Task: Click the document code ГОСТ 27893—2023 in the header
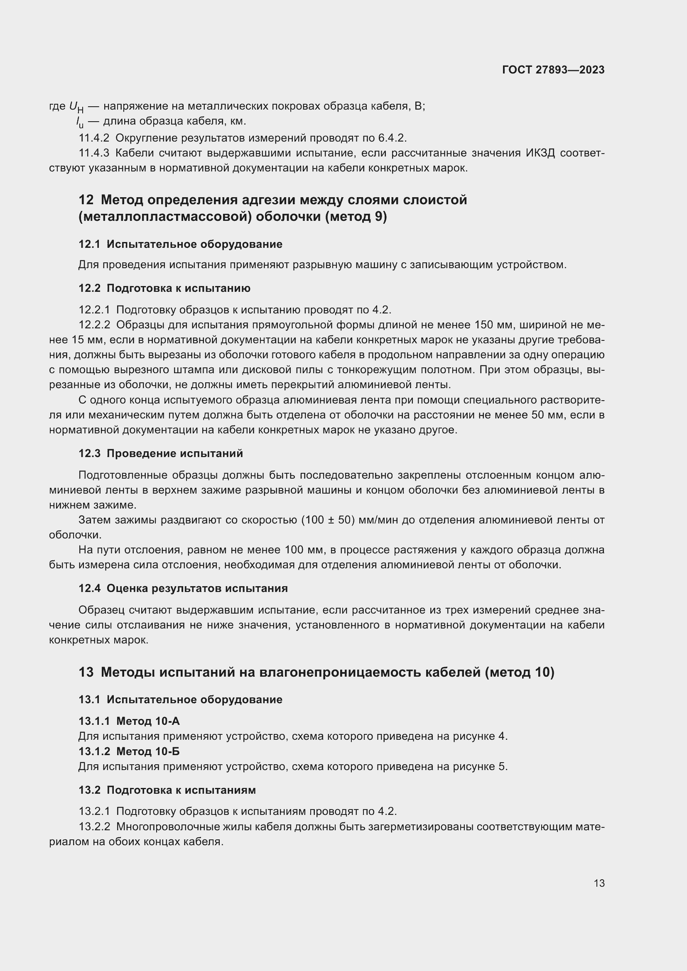tap(553, 70)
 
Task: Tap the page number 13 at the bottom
tap(599, 883)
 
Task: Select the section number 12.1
tap(89, 245)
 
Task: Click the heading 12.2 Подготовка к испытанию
tap(164, 289)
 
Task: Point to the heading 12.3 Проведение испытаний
tap(161, 454)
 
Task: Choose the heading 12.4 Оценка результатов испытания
tap(183, 589)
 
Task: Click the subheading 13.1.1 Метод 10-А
tap(129, 721)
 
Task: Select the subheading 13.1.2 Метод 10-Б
tap(129, 751)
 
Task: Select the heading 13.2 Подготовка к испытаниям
tap(167, 790)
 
